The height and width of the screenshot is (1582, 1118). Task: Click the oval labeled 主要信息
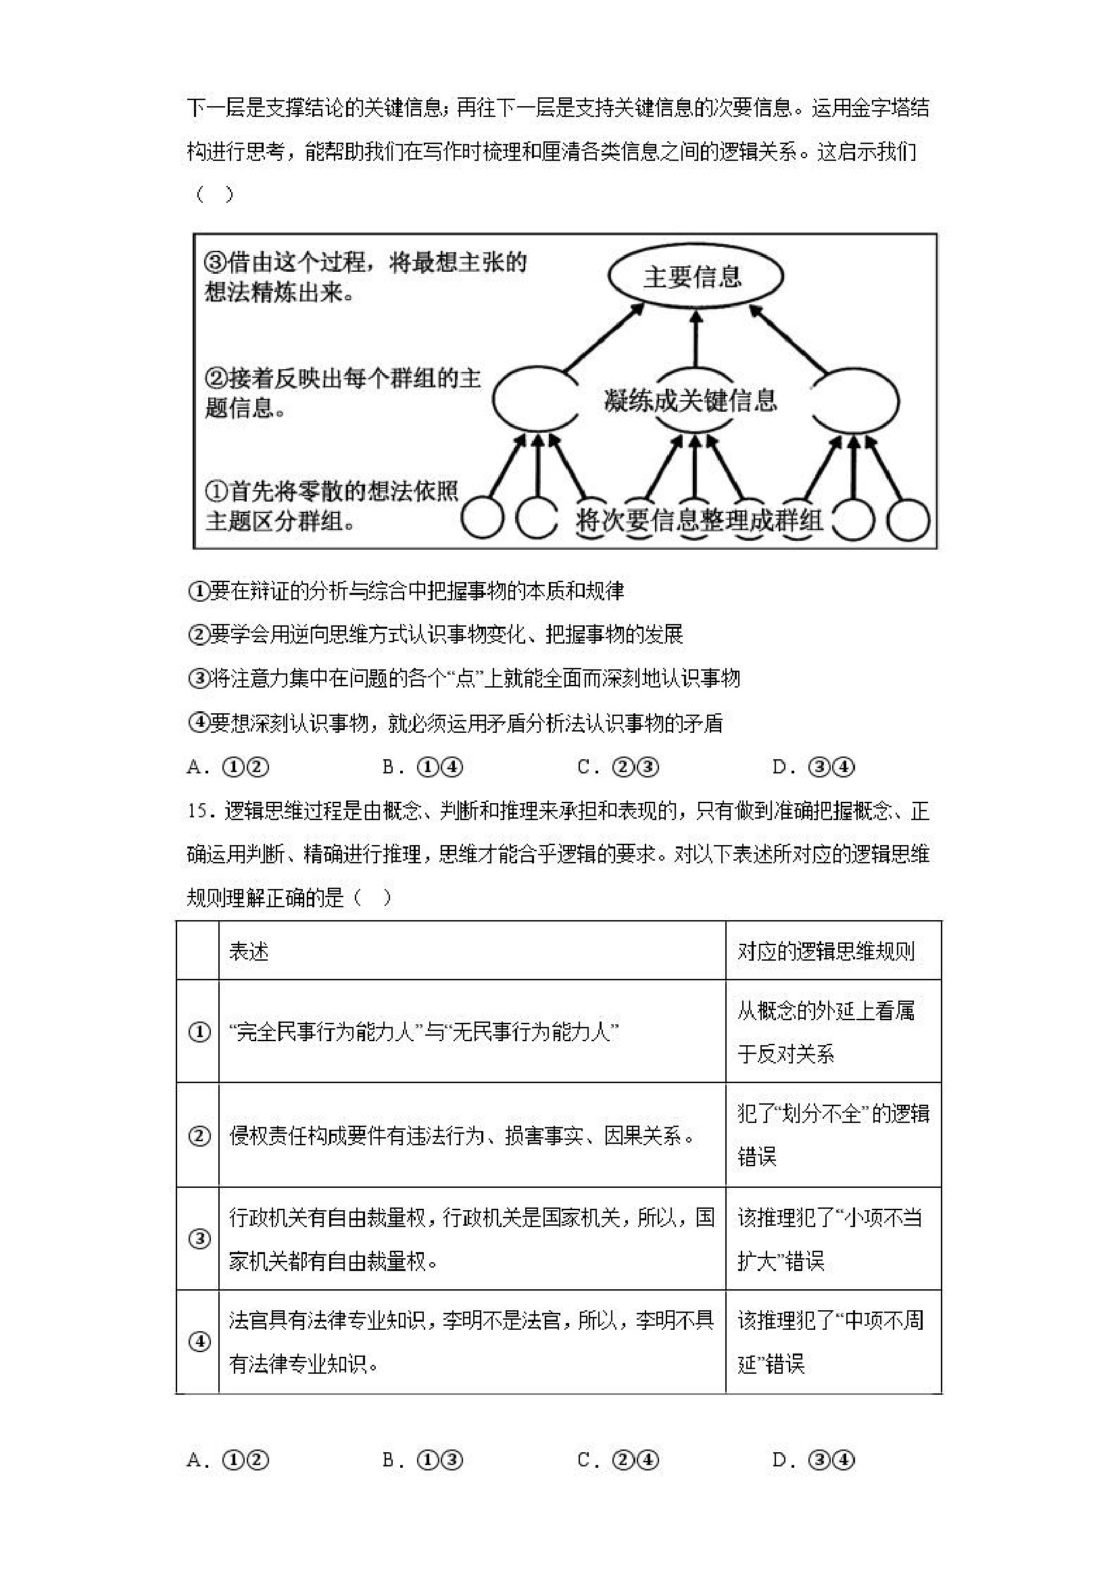[x=695, y=277]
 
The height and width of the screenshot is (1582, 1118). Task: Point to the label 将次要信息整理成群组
[x=698, y=520]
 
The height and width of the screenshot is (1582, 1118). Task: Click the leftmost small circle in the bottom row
[x=482, y=519]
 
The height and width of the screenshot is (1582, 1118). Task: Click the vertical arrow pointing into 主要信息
[x=695, y=339]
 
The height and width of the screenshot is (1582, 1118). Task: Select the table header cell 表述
[x=249, y=951]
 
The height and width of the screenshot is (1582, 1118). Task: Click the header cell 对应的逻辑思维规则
[x=826, y=951]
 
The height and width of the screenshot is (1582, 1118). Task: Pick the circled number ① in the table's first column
[x=199, y=1032]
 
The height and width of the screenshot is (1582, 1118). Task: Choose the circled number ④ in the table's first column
[x=199, y=1341]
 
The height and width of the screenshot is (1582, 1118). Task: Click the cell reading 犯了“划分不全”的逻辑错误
[x=833, y=1135]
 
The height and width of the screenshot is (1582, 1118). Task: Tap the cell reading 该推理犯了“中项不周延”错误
[x=831, y=1341]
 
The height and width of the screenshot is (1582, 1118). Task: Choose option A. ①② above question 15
[x=227, y=767]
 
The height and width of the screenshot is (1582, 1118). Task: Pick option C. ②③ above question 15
[x=618, y=767]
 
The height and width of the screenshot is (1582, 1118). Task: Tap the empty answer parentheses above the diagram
[x=214, y=195]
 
